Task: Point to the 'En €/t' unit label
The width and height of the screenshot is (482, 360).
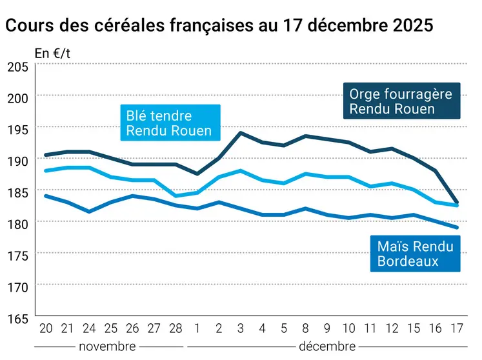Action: [x=52, y=54]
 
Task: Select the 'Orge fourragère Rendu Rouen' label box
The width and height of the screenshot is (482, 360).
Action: [x=401, y=101]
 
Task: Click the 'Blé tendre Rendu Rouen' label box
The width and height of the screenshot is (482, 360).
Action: [x=169, y=123]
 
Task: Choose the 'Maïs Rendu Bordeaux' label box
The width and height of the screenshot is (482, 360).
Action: [x=415, y=254]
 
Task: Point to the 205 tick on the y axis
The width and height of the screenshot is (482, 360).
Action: [x=17, y=66]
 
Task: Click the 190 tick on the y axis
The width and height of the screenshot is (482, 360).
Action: [x=17, y=161]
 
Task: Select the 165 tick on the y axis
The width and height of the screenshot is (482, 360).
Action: [x=17, y=318]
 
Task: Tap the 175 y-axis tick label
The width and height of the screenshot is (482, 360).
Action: [x=17, y=255]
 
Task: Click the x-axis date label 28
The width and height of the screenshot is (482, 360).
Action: [x=175, y=329]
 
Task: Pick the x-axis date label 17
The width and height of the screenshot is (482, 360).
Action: [x=457, y=329]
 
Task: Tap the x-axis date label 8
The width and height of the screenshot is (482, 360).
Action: [x=305, y=329]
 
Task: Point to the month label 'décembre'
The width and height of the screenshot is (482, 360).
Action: [x=326, y=346]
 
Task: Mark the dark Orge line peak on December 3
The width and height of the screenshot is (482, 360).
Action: [x=240, y=133]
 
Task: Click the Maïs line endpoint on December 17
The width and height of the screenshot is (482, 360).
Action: [x=457, y=228]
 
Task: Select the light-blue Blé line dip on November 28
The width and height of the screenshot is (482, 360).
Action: [x=175, y=196]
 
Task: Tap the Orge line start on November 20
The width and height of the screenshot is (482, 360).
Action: [x=45, y=155]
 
